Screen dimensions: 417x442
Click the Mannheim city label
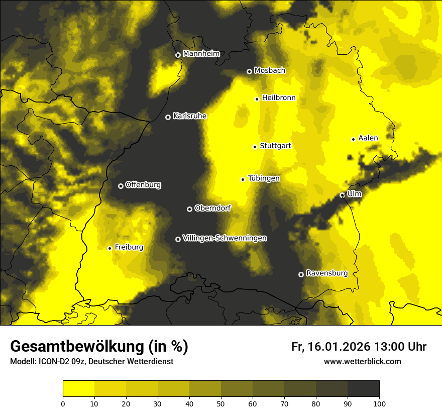[201, 54]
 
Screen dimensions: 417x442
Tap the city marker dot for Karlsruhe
[168, 117]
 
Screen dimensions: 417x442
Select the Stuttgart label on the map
[275, 146]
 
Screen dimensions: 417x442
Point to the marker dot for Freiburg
[109, 248]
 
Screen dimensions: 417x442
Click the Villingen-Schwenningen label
[225, 238]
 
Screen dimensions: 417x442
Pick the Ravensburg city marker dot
[301, 274]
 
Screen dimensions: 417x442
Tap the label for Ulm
[354, 194]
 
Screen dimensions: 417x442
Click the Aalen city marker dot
[353, 139]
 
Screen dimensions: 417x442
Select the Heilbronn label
[279, 98]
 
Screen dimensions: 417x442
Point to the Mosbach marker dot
[249, 71]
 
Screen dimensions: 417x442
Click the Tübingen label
[264, 178]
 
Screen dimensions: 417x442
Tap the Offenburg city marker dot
[121, 186]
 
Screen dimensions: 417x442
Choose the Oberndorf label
[212, 208]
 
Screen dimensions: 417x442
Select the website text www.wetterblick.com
[362, 361]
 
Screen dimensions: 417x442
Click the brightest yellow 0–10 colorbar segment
[78, 388]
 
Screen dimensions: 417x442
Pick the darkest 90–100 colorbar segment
[363, 388]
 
